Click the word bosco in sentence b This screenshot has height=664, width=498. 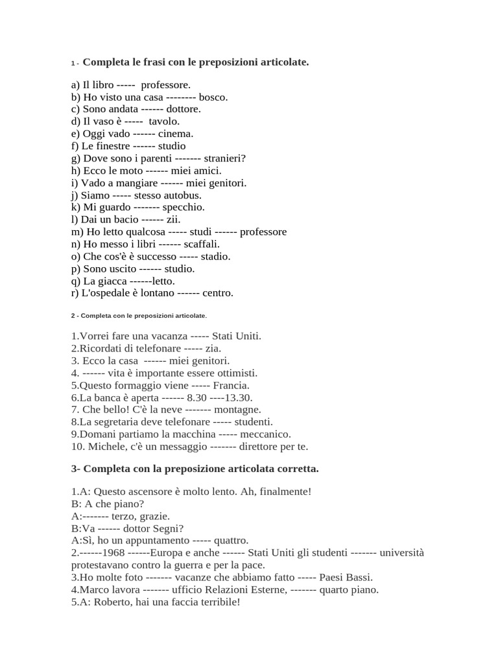[213, 97]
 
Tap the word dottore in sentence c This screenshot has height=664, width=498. [184, 110]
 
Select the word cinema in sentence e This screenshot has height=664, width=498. [176, 134]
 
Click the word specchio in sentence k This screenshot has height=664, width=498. [184, 207]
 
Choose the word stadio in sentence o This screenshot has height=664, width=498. [215, 257]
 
